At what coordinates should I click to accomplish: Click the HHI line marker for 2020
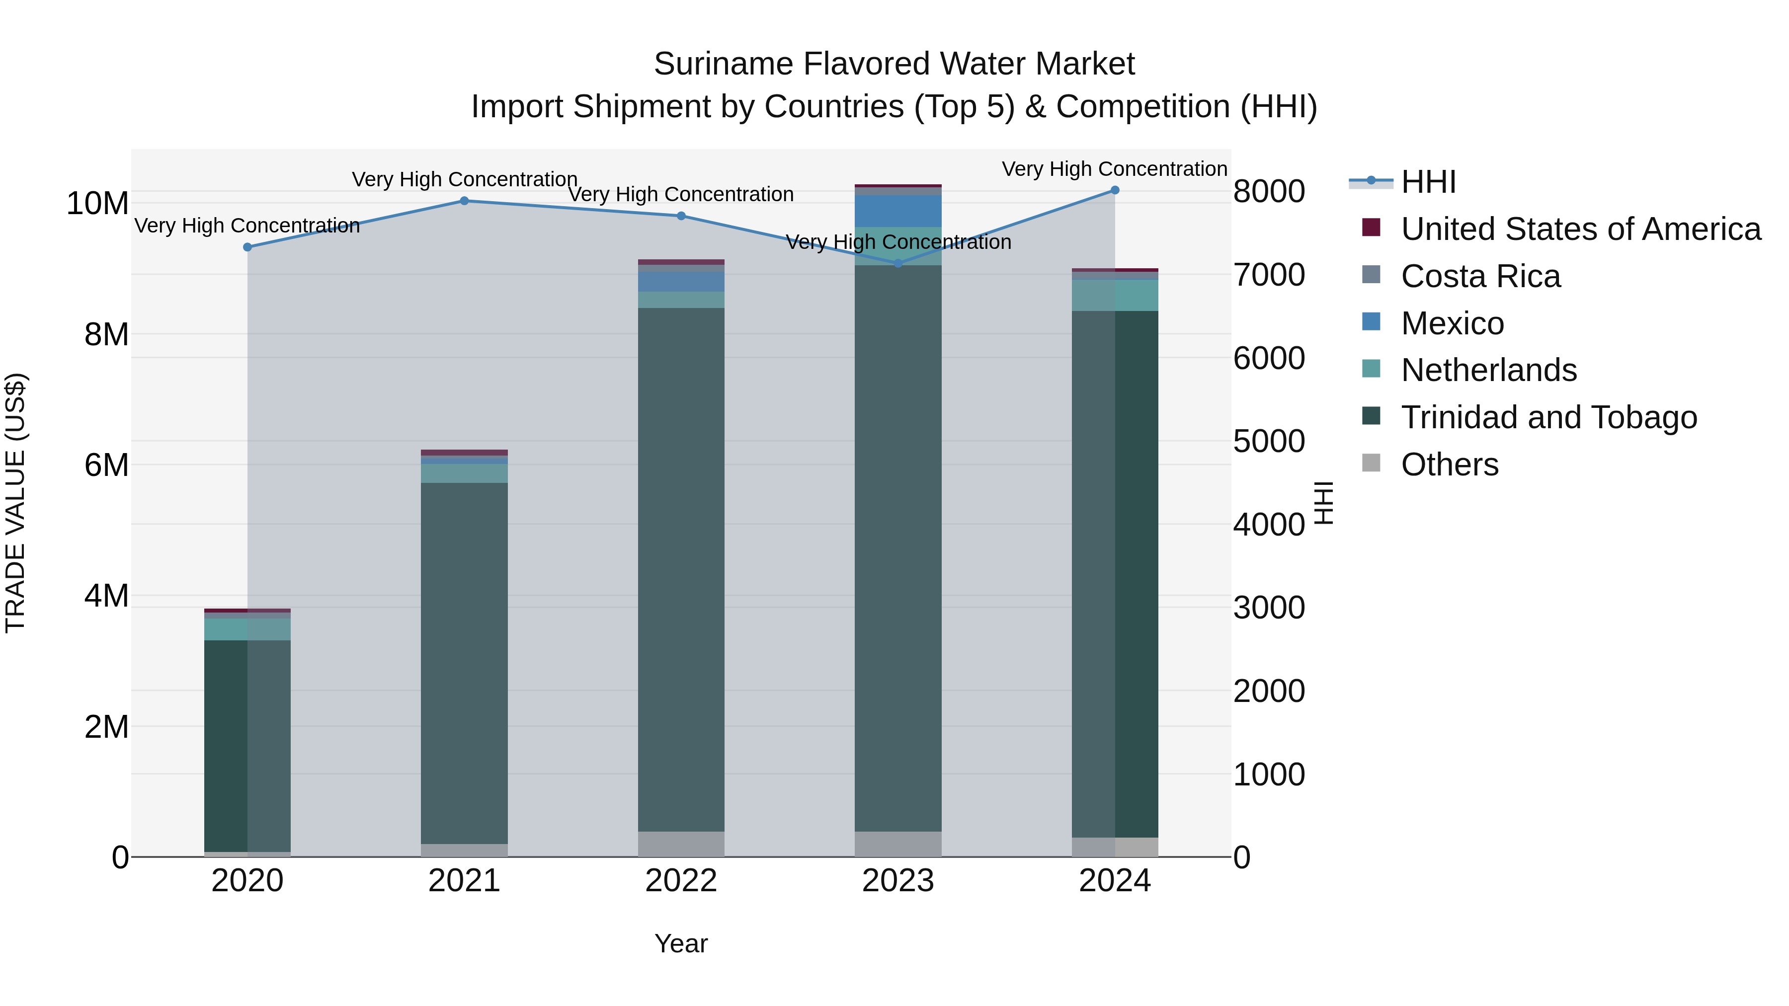(247, 247)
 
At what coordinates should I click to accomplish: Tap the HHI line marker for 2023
(898, 263)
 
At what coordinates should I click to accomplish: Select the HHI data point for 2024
(1115, 190)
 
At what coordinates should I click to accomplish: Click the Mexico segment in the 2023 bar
(898, 211)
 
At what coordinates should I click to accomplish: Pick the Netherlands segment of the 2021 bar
(464, 473)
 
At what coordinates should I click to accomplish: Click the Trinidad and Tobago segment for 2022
(681, 569)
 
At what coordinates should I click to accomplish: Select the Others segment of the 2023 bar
(898, 844)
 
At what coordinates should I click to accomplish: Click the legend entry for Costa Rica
(1480, 276)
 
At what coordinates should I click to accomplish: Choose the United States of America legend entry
(1580, 229)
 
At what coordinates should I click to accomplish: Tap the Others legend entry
(1450, 464)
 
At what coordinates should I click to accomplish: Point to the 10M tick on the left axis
(97, 203)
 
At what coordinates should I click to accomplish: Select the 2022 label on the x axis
(681, 881)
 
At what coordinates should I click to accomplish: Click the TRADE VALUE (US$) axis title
(15, 503)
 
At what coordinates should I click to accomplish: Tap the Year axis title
(681, 943)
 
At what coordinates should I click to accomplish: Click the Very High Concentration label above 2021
(464, 179)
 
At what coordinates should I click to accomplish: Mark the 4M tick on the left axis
(106, 596)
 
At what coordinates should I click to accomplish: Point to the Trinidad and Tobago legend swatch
(1371, 416)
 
